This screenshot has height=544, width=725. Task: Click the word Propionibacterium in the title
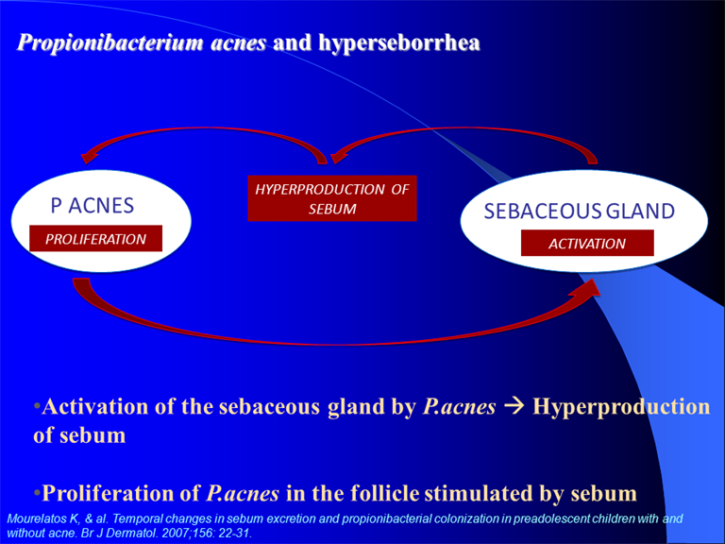point(110,43)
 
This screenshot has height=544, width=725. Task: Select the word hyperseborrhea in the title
point(399,43)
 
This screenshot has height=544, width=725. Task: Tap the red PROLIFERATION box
point(95,239)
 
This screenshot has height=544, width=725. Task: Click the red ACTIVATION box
point(587,243)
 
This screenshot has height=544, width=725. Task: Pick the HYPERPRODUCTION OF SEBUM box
point(332,198)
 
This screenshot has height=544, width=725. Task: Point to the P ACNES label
point(92,205)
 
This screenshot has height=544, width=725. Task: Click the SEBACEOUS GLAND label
point(580,211)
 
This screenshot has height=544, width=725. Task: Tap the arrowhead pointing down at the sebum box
point(340,156)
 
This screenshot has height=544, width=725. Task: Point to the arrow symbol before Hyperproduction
point(514,406)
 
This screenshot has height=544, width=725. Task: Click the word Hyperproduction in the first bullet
point(621,408)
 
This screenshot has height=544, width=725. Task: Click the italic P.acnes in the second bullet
point(243,493)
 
